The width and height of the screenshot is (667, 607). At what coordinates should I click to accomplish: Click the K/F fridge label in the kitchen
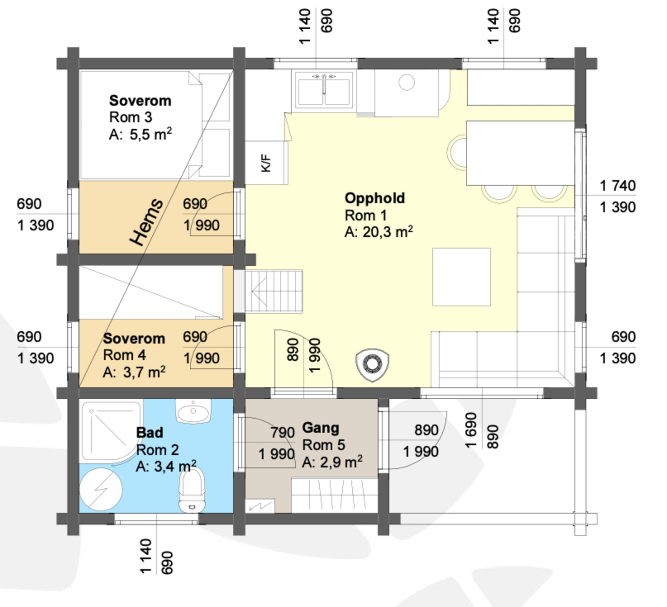coord(266,163)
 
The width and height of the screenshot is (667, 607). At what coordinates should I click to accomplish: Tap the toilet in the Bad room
coord(192,490)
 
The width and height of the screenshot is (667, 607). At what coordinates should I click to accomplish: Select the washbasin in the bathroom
coord(193,412)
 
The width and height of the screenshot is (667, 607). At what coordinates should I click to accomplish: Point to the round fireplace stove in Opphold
coord(372,364)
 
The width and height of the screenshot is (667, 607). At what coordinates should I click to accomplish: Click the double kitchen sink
coord(324,90)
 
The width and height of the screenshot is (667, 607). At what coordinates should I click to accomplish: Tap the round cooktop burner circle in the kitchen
coord(406,82)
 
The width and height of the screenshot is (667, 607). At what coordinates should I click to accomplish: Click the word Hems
coord(146,222)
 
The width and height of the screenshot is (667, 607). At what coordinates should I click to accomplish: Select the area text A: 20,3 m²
coord(378,232)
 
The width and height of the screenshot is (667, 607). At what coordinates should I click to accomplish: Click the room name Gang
coord(320,427)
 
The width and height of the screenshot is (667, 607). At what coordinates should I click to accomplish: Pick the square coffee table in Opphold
coord(461,277)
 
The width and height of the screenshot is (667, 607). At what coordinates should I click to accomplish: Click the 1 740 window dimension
coord(617,185)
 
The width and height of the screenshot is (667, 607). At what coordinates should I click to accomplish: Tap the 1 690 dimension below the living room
coord(471,430)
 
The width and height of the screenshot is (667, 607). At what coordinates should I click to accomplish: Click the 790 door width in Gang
coord(282,432)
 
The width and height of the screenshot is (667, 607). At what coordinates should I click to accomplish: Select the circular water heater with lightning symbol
coord(101,489)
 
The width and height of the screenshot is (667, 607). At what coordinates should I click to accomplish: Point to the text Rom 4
coord(124,355)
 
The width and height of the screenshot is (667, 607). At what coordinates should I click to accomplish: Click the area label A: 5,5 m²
coord(140,135)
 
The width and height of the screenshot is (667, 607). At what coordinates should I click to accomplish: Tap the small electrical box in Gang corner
coord(260,506)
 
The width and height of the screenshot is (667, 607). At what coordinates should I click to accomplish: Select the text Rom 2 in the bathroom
coord(157,450)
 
